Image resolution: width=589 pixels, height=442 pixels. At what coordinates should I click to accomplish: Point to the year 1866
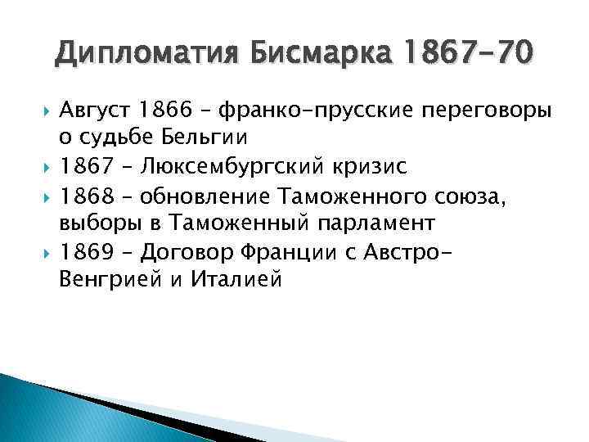click(167, 110)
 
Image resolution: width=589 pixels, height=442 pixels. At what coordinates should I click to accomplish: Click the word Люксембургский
click(234, 167)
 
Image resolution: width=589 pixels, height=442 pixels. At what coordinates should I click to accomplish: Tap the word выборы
click(97, 223)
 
